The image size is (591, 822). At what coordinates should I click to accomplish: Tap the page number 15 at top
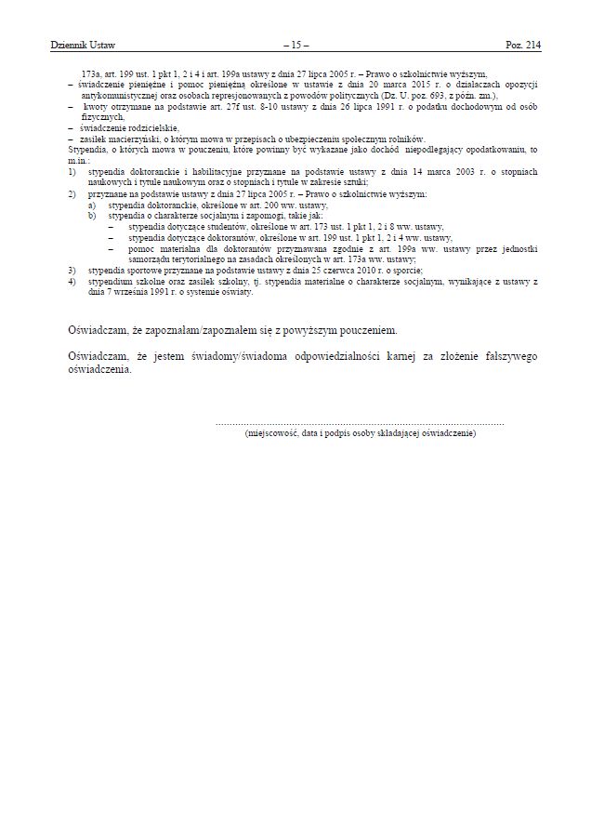click(295, 44)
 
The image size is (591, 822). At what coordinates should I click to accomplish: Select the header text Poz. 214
click(522, 44)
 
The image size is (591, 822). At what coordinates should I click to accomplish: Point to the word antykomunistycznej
click(122, 95)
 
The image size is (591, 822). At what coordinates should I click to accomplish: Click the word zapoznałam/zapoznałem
click(212, 330)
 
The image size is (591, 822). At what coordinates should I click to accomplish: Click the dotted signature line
click(360, 423)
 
